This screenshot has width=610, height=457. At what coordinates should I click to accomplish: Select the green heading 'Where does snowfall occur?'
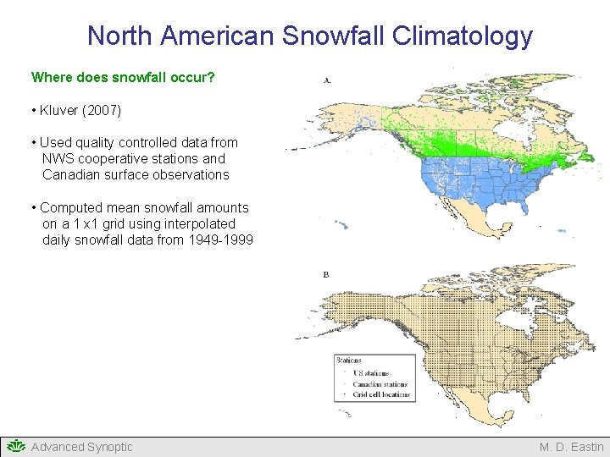click(123, 77)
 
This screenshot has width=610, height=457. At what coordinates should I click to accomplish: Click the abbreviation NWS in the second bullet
click(58, 158)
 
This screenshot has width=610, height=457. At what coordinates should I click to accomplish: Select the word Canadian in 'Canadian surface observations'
click(71, 174)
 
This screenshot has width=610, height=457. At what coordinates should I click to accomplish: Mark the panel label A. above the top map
click(327, 80)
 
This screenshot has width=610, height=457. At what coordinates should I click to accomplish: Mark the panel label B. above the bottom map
click(327, 275)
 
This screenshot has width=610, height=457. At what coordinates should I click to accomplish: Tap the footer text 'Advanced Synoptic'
click(81, 447)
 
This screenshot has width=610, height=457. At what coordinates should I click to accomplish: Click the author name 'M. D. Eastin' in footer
click(572, 447)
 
